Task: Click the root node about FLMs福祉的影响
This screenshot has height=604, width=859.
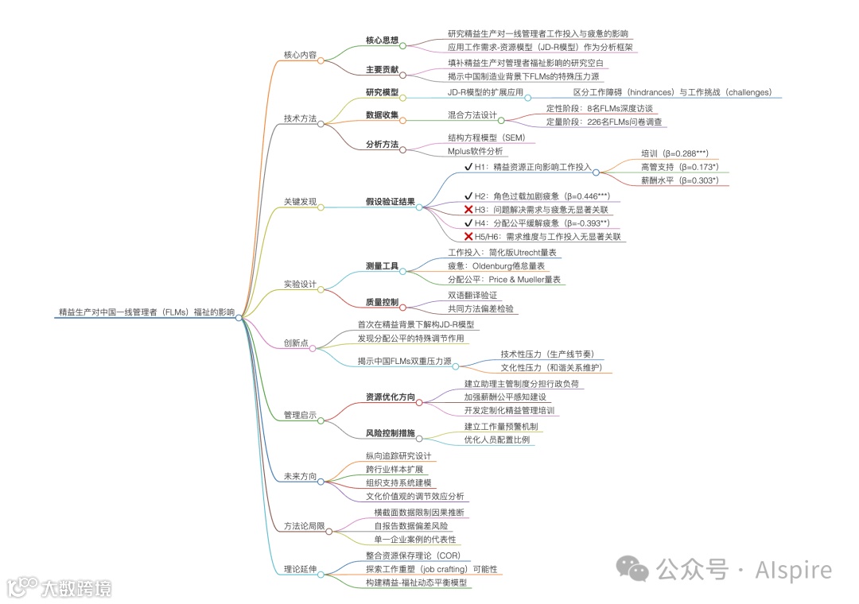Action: [x=147, y=312]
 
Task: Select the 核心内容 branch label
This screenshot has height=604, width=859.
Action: [x=300, y=56]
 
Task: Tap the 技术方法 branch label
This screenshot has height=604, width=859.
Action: [x=300, y=118]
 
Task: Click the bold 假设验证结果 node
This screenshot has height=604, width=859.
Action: [x=390, y=202]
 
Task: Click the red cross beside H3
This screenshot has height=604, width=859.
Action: [x=469, y=209]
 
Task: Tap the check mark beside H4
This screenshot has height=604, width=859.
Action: [x=469, y=223]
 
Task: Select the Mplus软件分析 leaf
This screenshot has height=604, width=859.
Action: [x=475, y=151]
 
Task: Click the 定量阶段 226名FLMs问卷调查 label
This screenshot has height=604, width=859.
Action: [x=604, y=122]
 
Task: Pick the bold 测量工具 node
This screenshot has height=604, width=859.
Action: [x=382, y=265]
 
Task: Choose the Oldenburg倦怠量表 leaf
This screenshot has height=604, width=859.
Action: [x=496, y=265]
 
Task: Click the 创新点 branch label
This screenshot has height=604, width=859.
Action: [x=296, y=343]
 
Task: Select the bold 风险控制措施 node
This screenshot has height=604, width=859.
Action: [x=390, y=433]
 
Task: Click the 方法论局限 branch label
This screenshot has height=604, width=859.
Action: [x=304, y=526]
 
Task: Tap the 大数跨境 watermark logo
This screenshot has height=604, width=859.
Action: [x=60, y=588]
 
